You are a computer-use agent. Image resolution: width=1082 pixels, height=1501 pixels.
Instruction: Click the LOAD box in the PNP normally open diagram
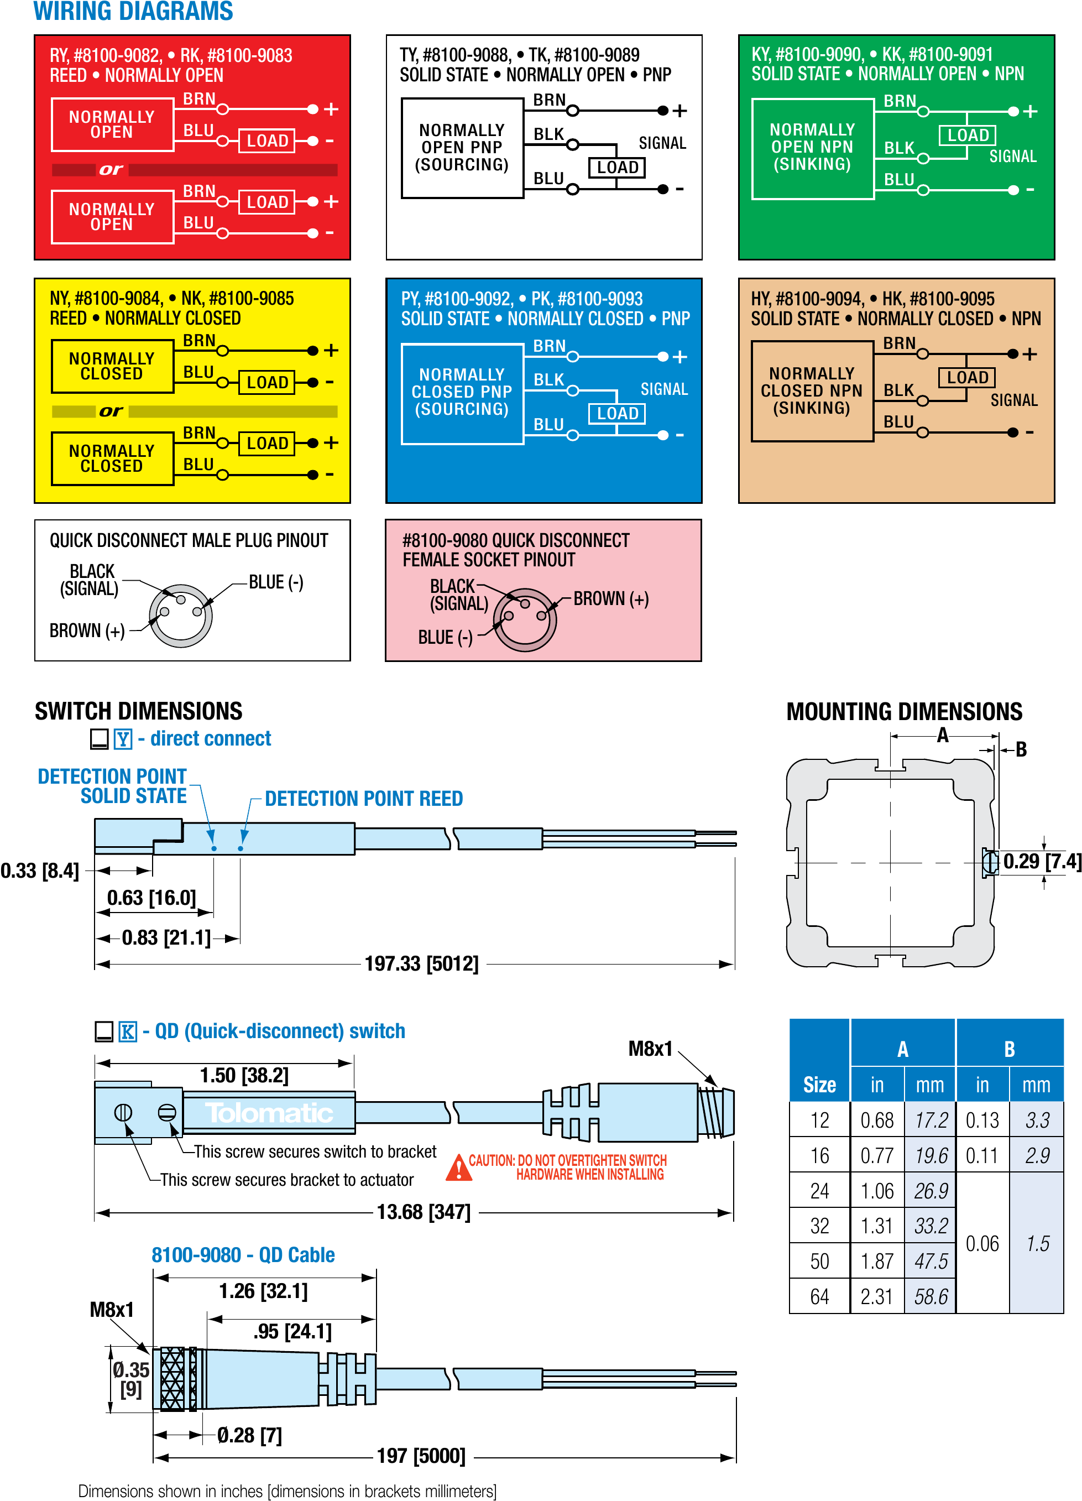coord(617,168)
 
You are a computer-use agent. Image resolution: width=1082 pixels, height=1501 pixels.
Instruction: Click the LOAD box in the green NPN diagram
coord(967,135)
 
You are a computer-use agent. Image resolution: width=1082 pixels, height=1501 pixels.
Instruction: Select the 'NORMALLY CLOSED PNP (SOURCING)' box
coord(462,393)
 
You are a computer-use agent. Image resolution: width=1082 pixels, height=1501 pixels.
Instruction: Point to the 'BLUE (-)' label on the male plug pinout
coord(276,582)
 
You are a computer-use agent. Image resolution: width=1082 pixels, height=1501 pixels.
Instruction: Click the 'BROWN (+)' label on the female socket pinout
coord(611,599)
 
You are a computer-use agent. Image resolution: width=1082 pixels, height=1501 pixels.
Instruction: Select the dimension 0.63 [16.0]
coord(151,898)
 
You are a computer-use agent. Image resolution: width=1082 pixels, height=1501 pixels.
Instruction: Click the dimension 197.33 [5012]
coord(421,963)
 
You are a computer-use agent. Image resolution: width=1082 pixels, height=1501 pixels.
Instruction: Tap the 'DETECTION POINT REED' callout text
coord(363,799)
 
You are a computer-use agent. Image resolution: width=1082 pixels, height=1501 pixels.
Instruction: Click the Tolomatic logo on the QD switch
coord(269,1113)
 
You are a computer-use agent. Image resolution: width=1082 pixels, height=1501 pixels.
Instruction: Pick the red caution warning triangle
coord(458,1168)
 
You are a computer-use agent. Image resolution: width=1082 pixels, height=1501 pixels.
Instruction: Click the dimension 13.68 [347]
coord(424,1212)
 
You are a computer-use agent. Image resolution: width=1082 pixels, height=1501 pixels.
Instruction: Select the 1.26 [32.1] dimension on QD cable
coord(263,1290)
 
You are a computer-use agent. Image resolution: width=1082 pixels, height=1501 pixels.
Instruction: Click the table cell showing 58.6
coord(931,1296)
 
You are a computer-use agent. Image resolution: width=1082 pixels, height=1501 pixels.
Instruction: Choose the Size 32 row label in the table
coord(819,1226)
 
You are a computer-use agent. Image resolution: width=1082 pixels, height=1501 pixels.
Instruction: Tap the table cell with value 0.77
coord(877,1155)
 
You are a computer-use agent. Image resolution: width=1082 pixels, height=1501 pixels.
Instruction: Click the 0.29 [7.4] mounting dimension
coord(1042,862)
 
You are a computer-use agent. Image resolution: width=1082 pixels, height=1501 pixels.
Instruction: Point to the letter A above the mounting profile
coord(942,735)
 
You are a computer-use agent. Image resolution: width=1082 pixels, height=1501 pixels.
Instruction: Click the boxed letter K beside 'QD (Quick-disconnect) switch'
coord(128,1031)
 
